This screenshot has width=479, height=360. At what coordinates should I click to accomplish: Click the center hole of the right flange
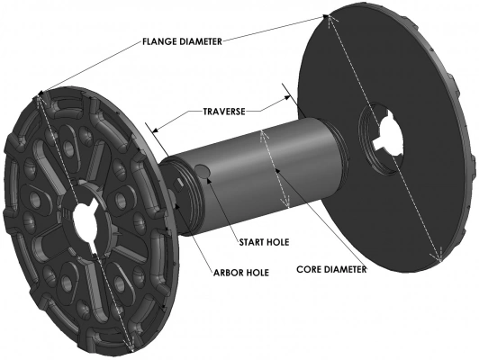click(383, 131)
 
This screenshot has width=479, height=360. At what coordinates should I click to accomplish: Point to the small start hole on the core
click(203, 171)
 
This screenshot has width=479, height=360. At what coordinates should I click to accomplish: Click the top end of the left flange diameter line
click(39, 94)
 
